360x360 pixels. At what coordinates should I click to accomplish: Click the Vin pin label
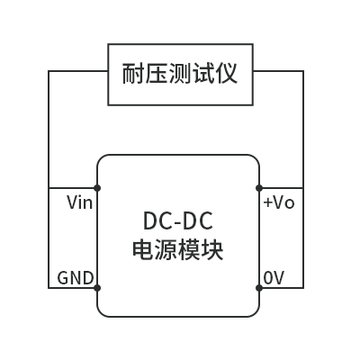tap(79, 202)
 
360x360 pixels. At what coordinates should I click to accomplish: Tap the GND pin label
tap(76, 278)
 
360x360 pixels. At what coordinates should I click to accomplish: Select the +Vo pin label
tap(278, 202)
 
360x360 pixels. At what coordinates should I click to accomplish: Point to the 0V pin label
tap(274, 278)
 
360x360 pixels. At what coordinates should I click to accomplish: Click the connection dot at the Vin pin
tap(97, 188)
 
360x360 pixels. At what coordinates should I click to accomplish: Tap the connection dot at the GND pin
tap(97, 288)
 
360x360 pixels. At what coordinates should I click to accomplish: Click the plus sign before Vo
tap(267, 203)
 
